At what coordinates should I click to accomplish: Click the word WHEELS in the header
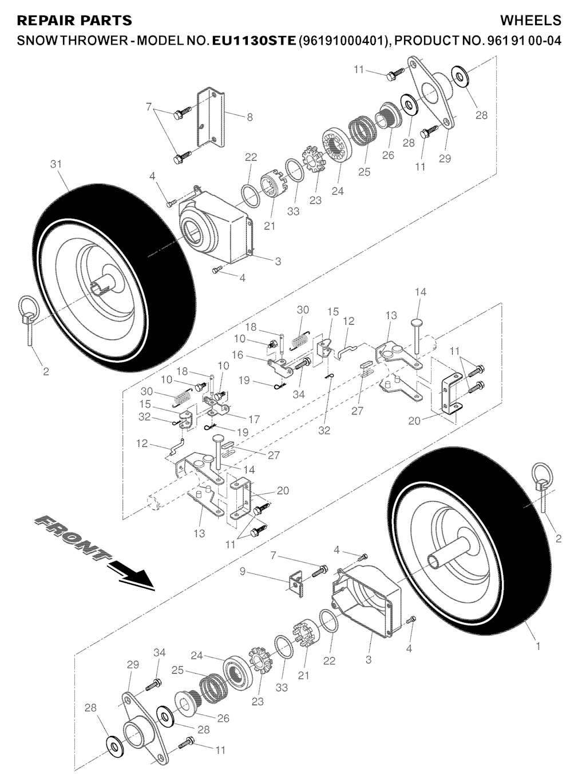(x=530, y=21)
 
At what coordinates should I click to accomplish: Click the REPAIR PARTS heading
(x=75, y=21)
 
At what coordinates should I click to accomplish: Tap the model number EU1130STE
(x=254, y=41)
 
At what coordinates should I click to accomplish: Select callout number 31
(x=56, y=164)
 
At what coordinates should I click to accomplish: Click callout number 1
(x=537, y=646)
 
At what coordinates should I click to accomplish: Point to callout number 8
(x=250, y=117)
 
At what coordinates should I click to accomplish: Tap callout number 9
(x=243, y=571)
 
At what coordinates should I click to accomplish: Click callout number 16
(x=238, y=355)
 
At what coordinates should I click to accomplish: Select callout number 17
(x=254, y=420)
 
